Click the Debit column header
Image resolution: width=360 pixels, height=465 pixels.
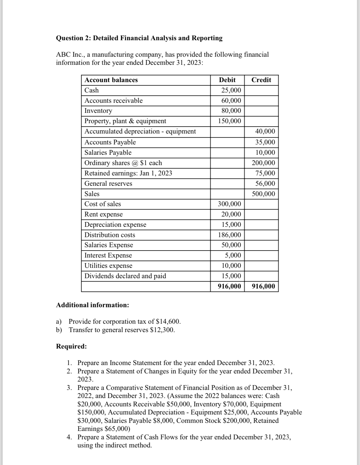pos(227,80)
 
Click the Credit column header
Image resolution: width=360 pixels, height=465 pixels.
pos(261,80)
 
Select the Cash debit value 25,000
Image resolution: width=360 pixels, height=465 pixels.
pos(231,90)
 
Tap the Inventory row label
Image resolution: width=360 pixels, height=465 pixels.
pos(98,111)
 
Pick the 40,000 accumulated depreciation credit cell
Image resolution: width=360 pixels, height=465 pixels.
pos(265,131)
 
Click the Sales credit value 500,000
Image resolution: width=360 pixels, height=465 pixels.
pos(263,194)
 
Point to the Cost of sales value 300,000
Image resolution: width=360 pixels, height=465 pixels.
pos(229,204)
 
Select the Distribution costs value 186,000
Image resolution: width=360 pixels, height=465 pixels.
pos(229,235)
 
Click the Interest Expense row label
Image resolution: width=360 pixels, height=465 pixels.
pos(108,255)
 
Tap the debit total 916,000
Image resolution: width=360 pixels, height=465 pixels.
pos(229,286)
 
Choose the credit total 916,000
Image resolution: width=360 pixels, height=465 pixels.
pos(263,286)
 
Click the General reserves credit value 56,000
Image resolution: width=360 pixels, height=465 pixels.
pos(265,183)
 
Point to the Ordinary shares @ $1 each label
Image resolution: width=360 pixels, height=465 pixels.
pos(123,163)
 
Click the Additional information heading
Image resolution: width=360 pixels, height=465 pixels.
pos(92,305)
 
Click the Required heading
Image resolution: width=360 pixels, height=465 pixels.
pos(71,346)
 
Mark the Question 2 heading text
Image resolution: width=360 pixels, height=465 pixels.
pos(139,38)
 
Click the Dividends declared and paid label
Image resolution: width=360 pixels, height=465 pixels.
pos(125,276)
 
